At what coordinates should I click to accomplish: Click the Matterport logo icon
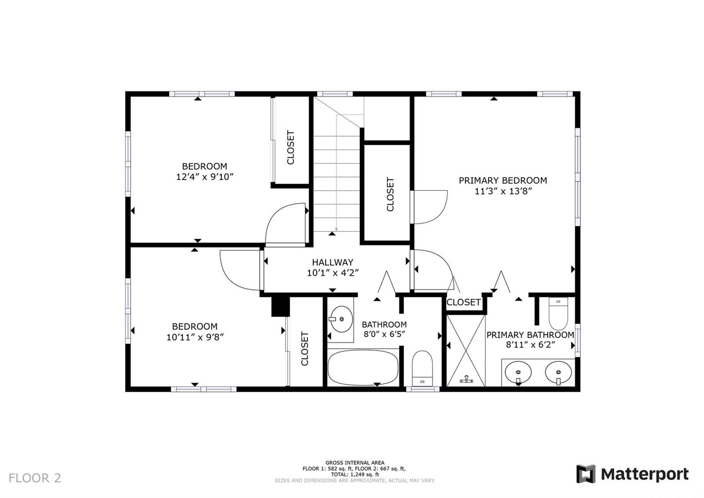(586, 474)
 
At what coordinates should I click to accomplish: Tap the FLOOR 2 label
(35, 478)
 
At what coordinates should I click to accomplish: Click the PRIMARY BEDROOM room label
(503, 181)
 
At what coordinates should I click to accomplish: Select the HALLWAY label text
(333, 262)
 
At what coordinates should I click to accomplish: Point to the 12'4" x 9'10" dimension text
(205, 177)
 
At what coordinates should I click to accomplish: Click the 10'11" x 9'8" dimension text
(195, 337)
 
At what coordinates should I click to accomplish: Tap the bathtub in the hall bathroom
(363, 367)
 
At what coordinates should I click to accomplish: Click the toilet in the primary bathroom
(558, 314)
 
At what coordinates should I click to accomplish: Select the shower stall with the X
(466, 350)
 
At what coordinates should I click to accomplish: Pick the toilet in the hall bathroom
(422, 369)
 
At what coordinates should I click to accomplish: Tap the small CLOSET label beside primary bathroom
(464, 302)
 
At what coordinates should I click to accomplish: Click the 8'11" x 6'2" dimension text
(530, 345)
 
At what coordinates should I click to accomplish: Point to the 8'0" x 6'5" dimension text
(384, 334)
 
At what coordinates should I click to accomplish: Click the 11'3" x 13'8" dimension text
(503, 191)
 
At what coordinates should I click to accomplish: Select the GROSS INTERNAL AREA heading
(355, 463)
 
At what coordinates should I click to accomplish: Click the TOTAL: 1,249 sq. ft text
(355, 474)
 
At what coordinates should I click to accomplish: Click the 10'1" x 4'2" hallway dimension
(333, 273)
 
